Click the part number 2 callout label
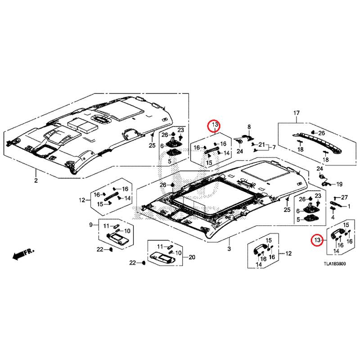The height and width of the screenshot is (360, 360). (36, 180)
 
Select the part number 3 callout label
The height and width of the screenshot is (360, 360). (229, 249)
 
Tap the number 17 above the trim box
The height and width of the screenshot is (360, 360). (297, 113)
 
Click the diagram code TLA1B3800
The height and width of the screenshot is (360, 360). (334, 264)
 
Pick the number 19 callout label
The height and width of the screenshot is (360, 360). (339, 184)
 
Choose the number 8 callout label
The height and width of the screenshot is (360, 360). (249, 127)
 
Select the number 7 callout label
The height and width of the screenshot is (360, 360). (274, 147)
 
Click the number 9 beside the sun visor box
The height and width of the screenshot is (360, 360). (91, 225)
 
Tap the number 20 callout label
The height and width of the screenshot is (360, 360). (192, 257)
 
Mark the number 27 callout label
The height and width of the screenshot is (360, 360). (344, 198)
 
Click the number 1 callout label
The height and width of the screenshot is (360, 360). (349, 207)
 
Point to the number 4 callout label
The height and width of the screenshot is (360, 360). (333, 217)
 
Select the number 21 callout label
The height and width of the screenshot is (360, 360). (262, 144)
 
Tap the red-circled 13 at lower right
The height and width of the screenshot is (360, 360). (317, 240)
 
